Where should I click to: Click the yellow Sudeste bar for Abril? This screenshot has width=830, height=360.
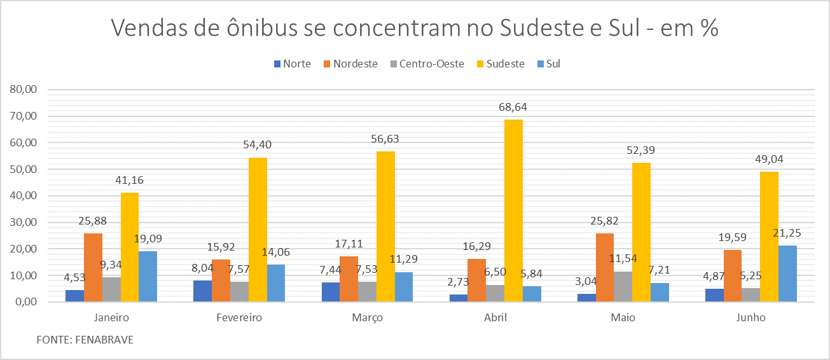click(513, 211)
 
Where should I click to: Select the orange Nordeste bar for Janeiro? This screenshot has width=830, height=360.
click(93, 267)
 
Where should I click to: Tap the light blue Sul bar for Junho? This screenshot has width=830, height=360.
click(787, 273)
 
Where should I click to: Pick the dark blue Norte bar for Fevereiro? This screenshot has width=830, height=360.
click(202, 291)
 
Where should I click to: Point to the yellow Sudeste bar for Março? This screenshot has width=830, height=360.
click(385, 226)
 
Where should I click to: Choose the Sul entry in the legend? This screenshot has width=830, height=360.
click(553, 64)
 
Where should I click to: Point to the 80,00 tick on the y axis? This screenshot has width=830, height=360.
click(24, 90)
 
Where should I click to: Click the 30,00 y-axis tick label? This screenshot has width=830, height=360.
click(24, 223)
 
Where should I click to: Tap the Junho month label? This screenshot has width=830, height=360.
click(750, 317)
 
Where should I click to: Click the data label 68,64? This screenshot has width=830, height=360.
click(513, 107)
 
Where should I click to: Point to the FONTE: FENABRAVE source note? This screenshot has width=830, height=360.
click(85, 340)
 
